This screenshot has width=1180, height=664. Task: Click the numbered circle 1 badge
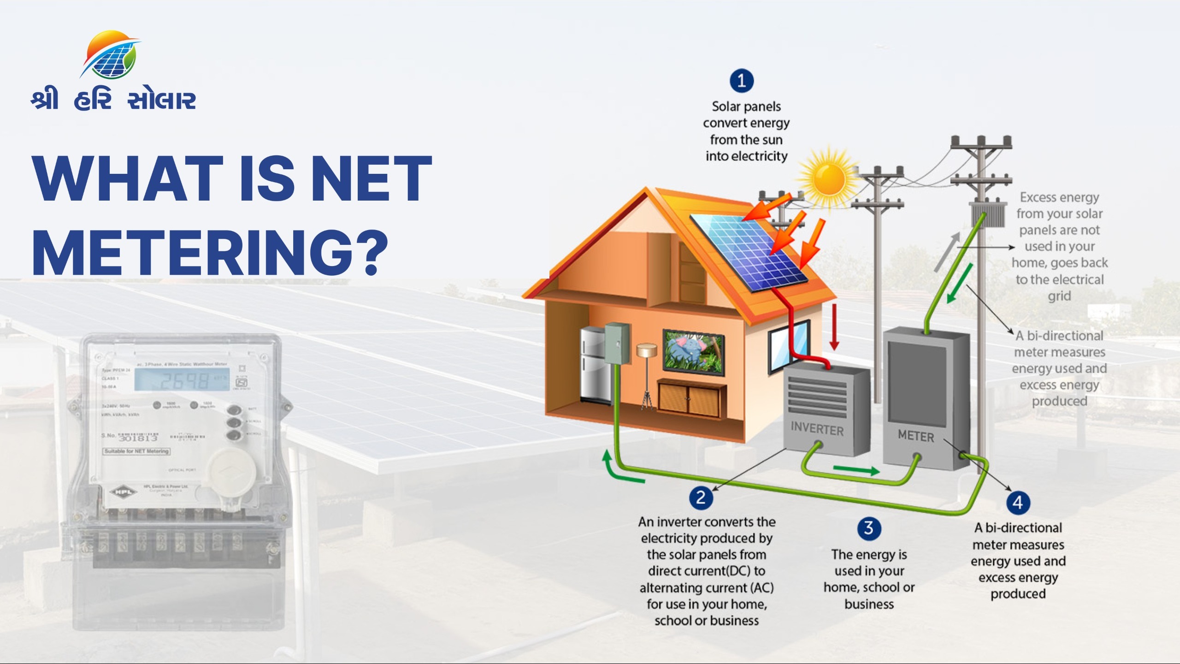[x=741, y=81]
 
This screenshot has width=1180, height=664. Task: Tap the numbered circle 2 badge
[x=701, y=498]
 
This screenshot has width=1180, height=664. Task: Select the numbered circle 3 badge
[x=869, y=528]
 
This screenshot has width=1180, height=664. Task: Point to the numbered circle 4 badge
[x=1018, y=502]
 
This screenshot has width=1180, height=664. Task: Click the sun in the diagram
[x=829, y=178]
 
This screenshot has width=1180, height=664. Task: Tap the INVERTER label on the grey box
[x=817, y=429]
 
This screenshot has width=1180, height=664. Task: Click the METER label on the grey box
[x=916, y=436]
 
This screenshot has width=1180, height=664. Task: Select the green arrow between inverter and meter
[x=856, y=470]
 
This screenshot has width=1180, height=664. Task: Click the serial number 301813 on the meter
[x=138, y=438]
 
